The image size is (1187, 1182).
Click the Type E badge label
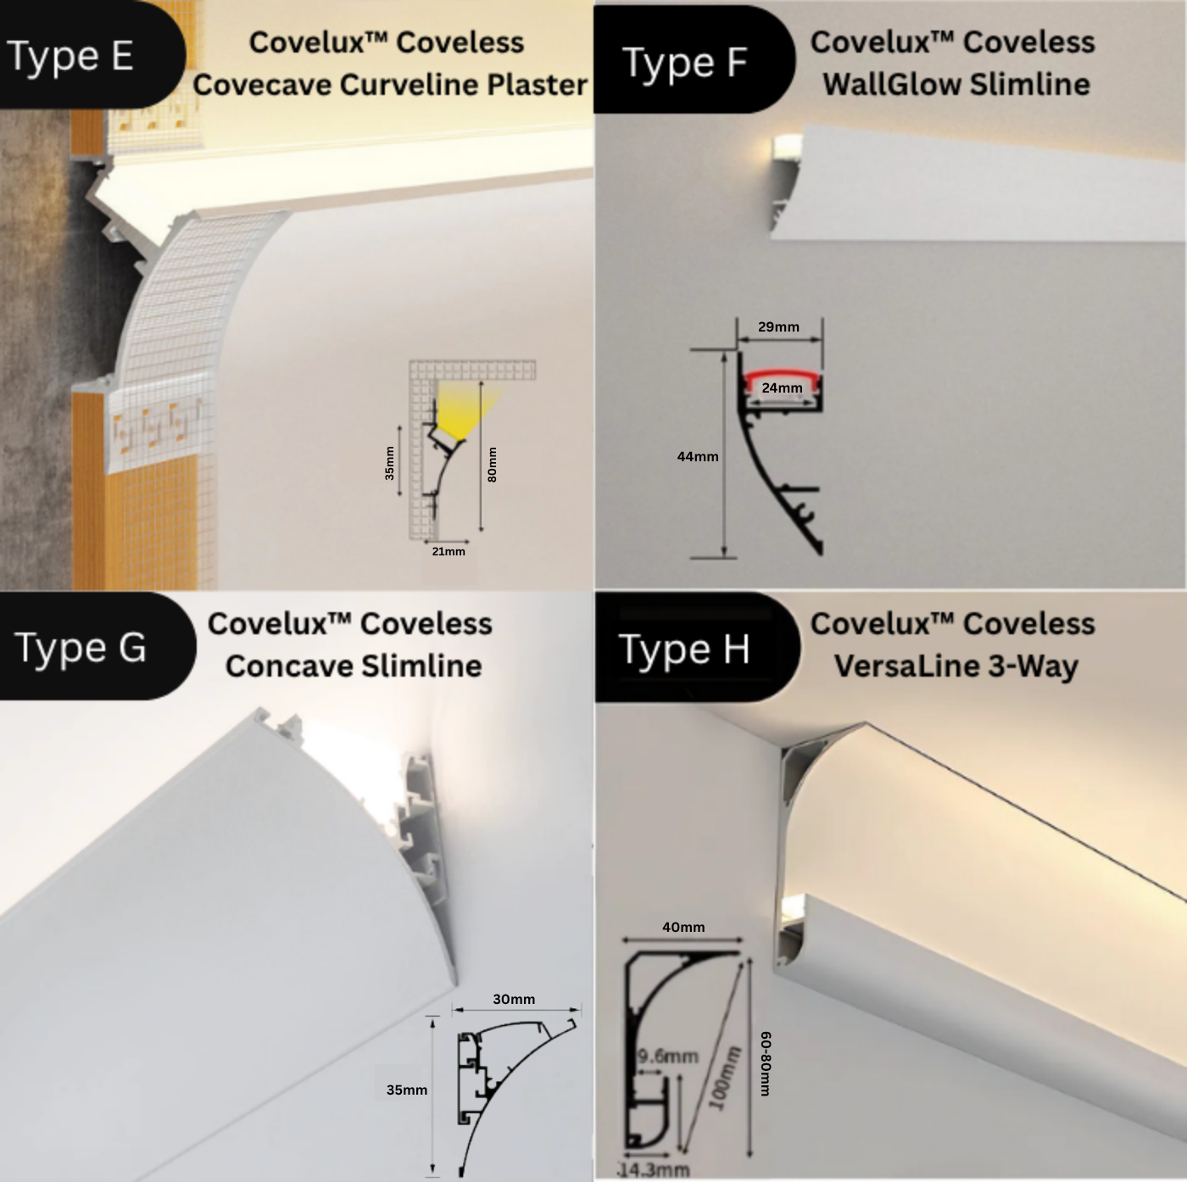point(71,56)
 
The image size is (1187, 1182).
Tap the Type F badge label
point(685,62)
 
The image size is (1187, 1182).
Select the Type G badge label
point(81,648)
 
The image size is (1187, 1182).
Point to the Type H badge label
point(684,650)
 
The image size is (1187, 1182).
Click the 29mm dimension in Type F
point(778,326)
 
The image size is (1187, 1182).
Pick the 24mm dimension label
point(782,388)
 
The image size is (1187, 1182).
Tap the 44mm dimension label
point(697,456)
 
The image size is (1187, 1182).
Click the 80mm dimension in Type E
point(493,465)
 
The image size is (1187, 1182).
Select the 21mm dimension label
point(449,551)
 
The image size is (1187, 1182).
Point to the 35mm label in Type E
point(389,463)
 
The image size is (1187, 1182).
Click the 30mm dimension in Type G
point(514,999)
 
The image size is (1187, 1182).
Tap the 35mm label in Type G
point(407,1090)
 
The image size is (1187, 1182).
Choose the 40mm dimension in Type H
point(683,927)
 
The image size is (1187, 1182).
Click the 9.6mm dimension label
point(668,1057)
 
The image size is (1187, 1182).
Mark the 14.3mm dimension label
point(655,1170)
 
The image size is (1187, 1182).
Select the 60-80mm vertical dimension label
point(765,1063)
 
